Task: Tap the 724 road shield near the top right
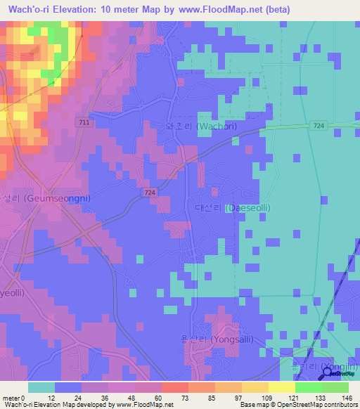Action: [319, 125]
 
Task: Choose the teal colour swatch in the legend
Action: [41, 387]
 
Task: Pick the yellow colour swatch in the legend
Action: [282, 387]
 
